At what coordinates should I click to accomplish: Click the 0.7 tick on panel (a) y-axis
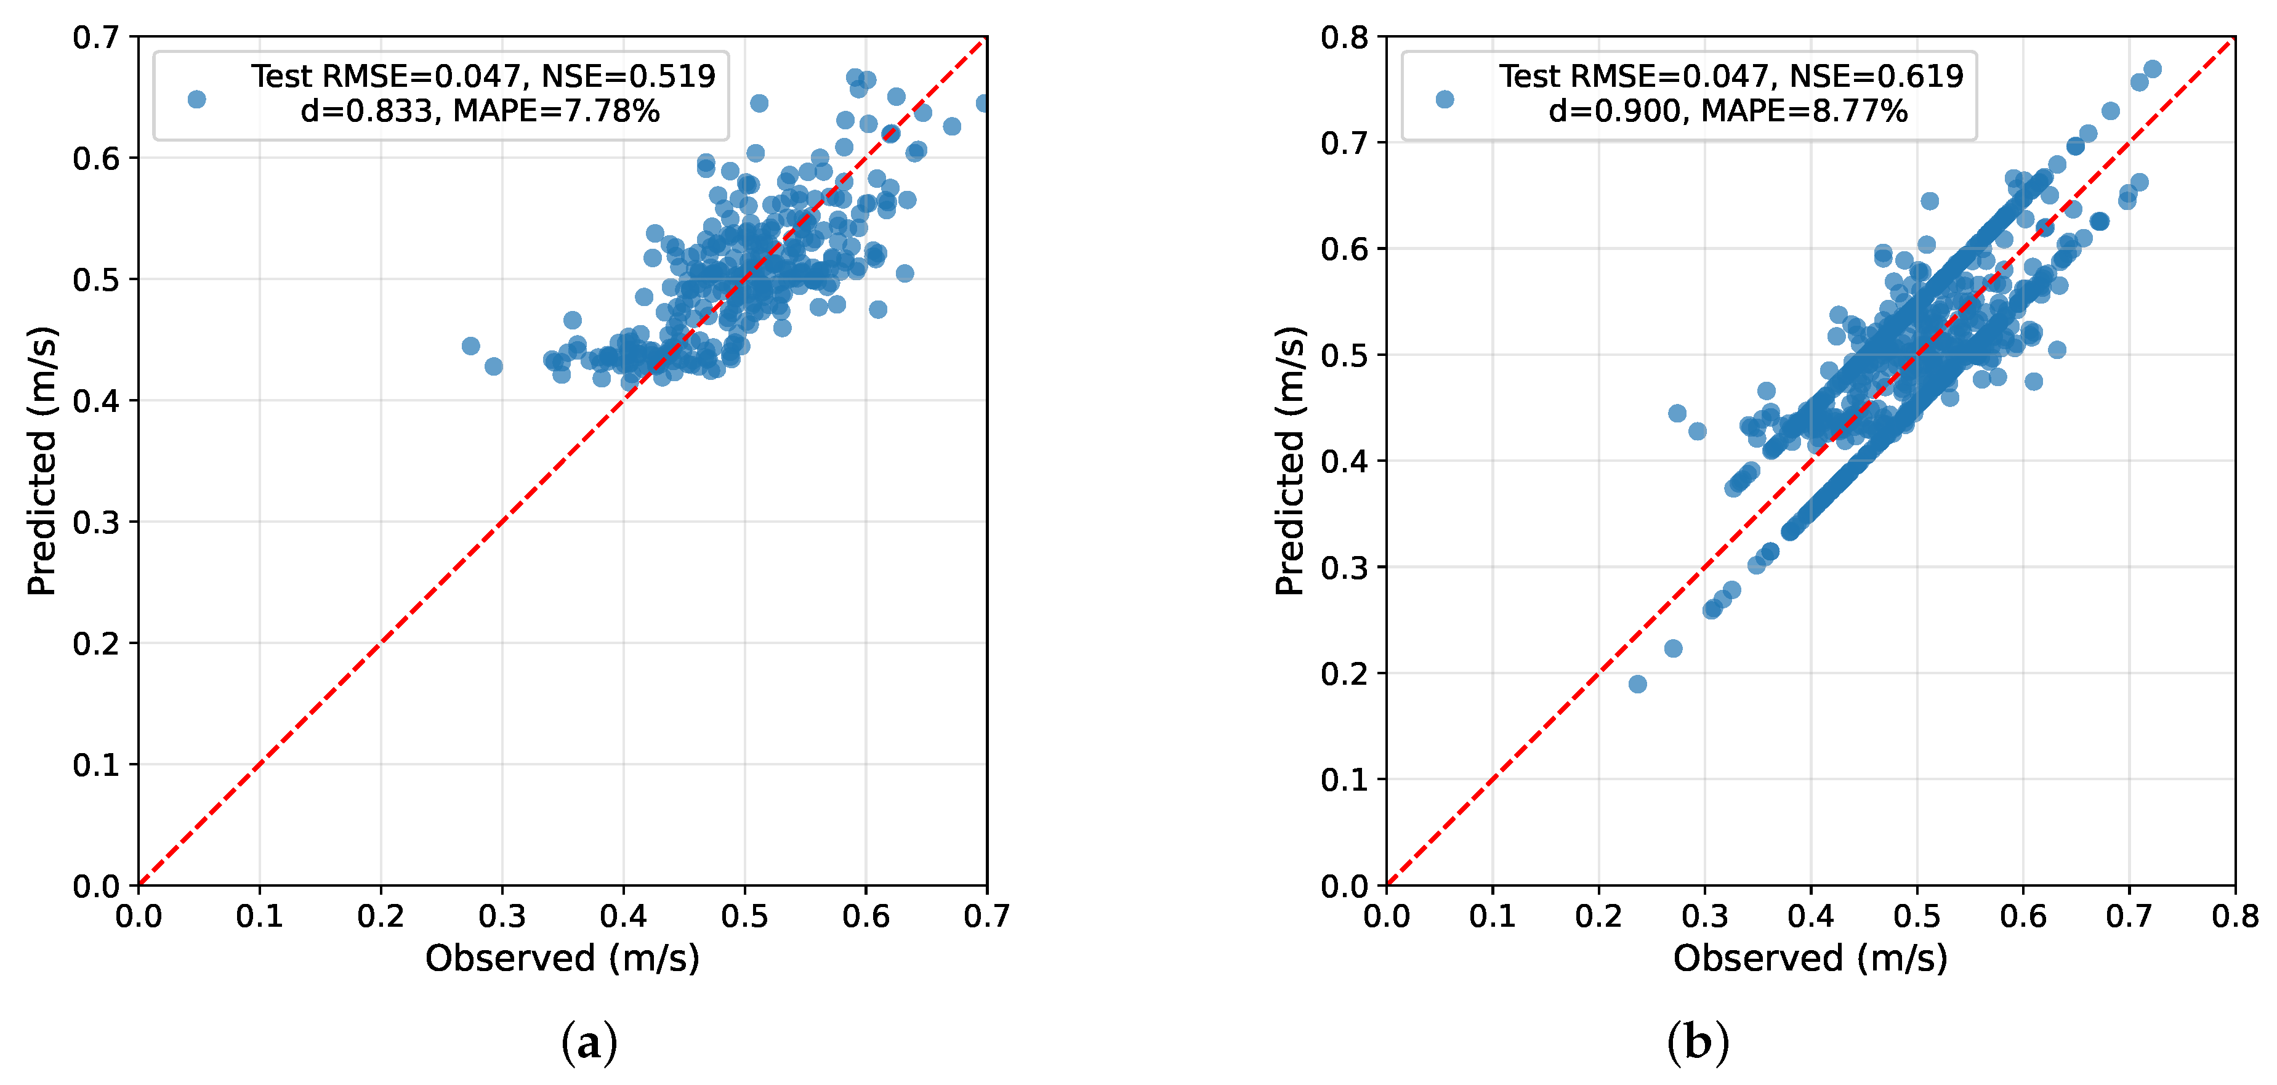(95, 37)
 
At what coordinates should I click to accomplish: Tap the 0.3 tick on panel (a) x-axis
(502, 917)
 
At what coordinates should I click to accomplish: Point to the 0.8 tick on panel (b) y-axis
(1344, 37)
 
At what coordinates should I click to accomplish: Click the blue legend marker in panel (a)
(196, 99)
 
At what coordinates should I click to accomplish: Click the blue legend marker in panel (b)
(1445, 99)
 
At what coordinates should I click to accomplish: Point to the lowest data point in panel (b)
(1637, 684)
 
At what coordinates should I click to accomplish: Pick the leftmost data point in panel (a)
(470, 345)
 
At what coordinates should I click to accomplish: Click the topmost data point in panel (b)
(2153, 69)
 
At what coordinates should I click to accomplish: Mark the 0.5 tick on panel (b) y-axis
(1344, 355)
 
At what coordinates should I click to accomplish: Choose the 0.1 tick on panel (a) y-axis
(95, 765)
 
